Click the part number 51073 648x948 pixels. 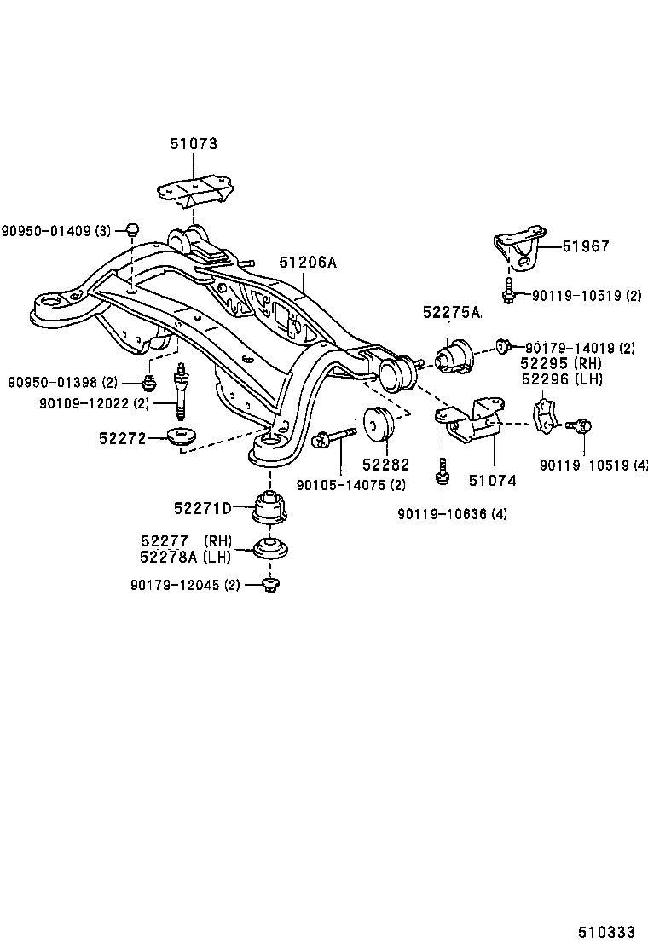(192, 145)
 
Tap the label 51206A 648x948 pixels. (309, 263)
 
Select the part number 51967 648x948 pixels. (586, 246)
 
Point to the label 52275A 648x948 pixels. (451, 313)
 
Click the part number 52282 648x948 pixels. (385, 465)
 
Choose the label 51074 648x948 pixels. (492, 481)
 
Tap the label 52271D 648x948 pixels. (203, 509)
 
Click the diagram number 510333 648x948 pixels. (608, 933)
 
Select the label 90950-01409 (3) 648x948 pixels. (55, 230)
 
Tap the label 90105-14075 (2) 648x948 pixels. (350, 485)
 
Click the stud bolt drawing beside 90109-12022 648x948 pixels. (181, 390)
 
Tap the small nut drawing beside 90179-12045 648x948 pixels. (271, 584)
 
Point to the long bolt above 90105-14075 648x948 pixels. (334, 438)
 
